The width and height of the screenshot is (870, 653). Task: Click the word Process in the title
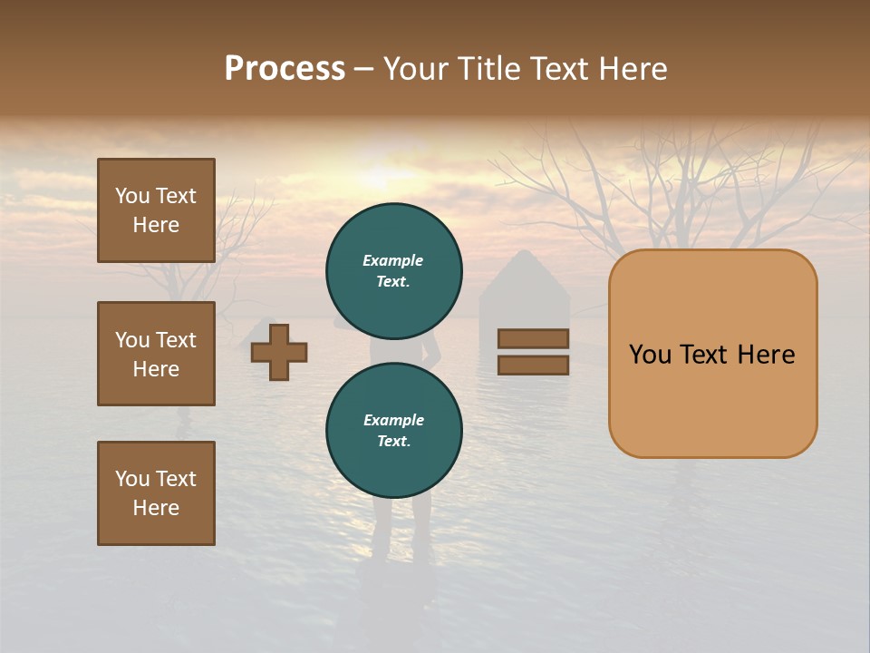coord(285,69)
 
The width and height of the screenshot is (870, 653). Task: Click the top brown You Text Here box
coord(156,210)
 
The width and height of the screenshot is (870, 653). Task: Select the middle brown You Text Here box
coord(156,354)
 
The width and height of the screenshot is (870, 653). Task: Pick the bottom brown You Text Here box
coord(156,493)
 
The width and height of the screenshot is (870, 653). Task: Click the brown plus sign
coord(279,353)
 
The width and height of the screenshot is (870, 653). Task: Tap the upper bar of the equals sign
coord(533,338)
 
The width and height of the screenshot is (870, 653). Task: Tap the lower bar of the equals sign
coord(533,365)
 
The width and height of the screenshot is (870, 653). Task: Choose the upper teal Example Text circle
coord(394,271)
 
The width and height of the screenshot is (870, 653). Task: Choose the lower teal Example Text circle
coord(394,431)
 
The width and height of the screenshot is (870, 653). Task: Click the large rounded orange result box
coord(712,354)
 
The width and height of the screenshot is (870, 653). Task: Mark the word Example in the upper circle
coord(393,261)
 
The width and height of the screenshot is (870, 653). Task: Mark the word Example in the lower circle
coord(393,421)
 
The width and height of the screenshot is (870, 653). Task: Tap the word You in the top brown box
coord(132,197)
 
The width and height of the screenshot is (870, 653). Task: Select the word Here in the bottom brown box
coord(156,508)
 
